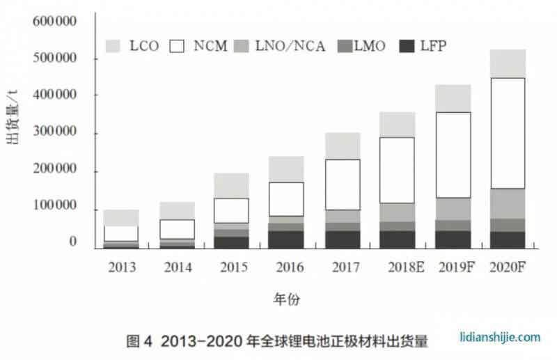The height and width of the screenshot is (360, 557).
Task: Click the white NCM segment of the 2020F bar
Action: tap(508, 133)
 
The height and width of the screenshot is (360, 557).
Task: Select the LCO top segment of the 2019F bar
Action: tap(453, 98)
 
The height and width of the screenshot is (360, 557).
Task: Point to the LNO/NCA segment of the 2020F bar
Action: tap(508, 203)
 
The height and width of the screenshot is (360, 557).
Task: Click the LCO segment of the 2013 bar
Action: tap(121, 217)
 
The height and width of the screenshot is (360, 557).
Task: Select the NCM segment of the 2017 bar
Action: tap(343, 185)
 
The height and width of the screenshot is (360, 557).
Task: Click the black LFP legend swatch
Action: tap(409, 46)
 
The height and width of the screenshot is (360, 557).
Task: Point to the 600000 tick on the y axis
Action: tap(54, 21)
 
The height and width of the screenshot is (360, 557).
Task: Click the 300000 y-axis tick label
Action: tap(54, 132)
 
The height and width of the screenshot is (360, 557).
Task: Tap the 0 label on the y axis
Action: tap(72, 242)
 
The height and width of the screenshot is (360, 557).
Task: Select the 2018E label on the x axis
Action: tap(398, 267)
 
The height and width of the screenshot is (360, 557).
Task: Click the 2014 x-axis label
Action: tap(177, 267)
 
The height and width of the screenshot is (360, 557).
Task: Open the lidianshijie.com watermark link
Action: tap(500, 337)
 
